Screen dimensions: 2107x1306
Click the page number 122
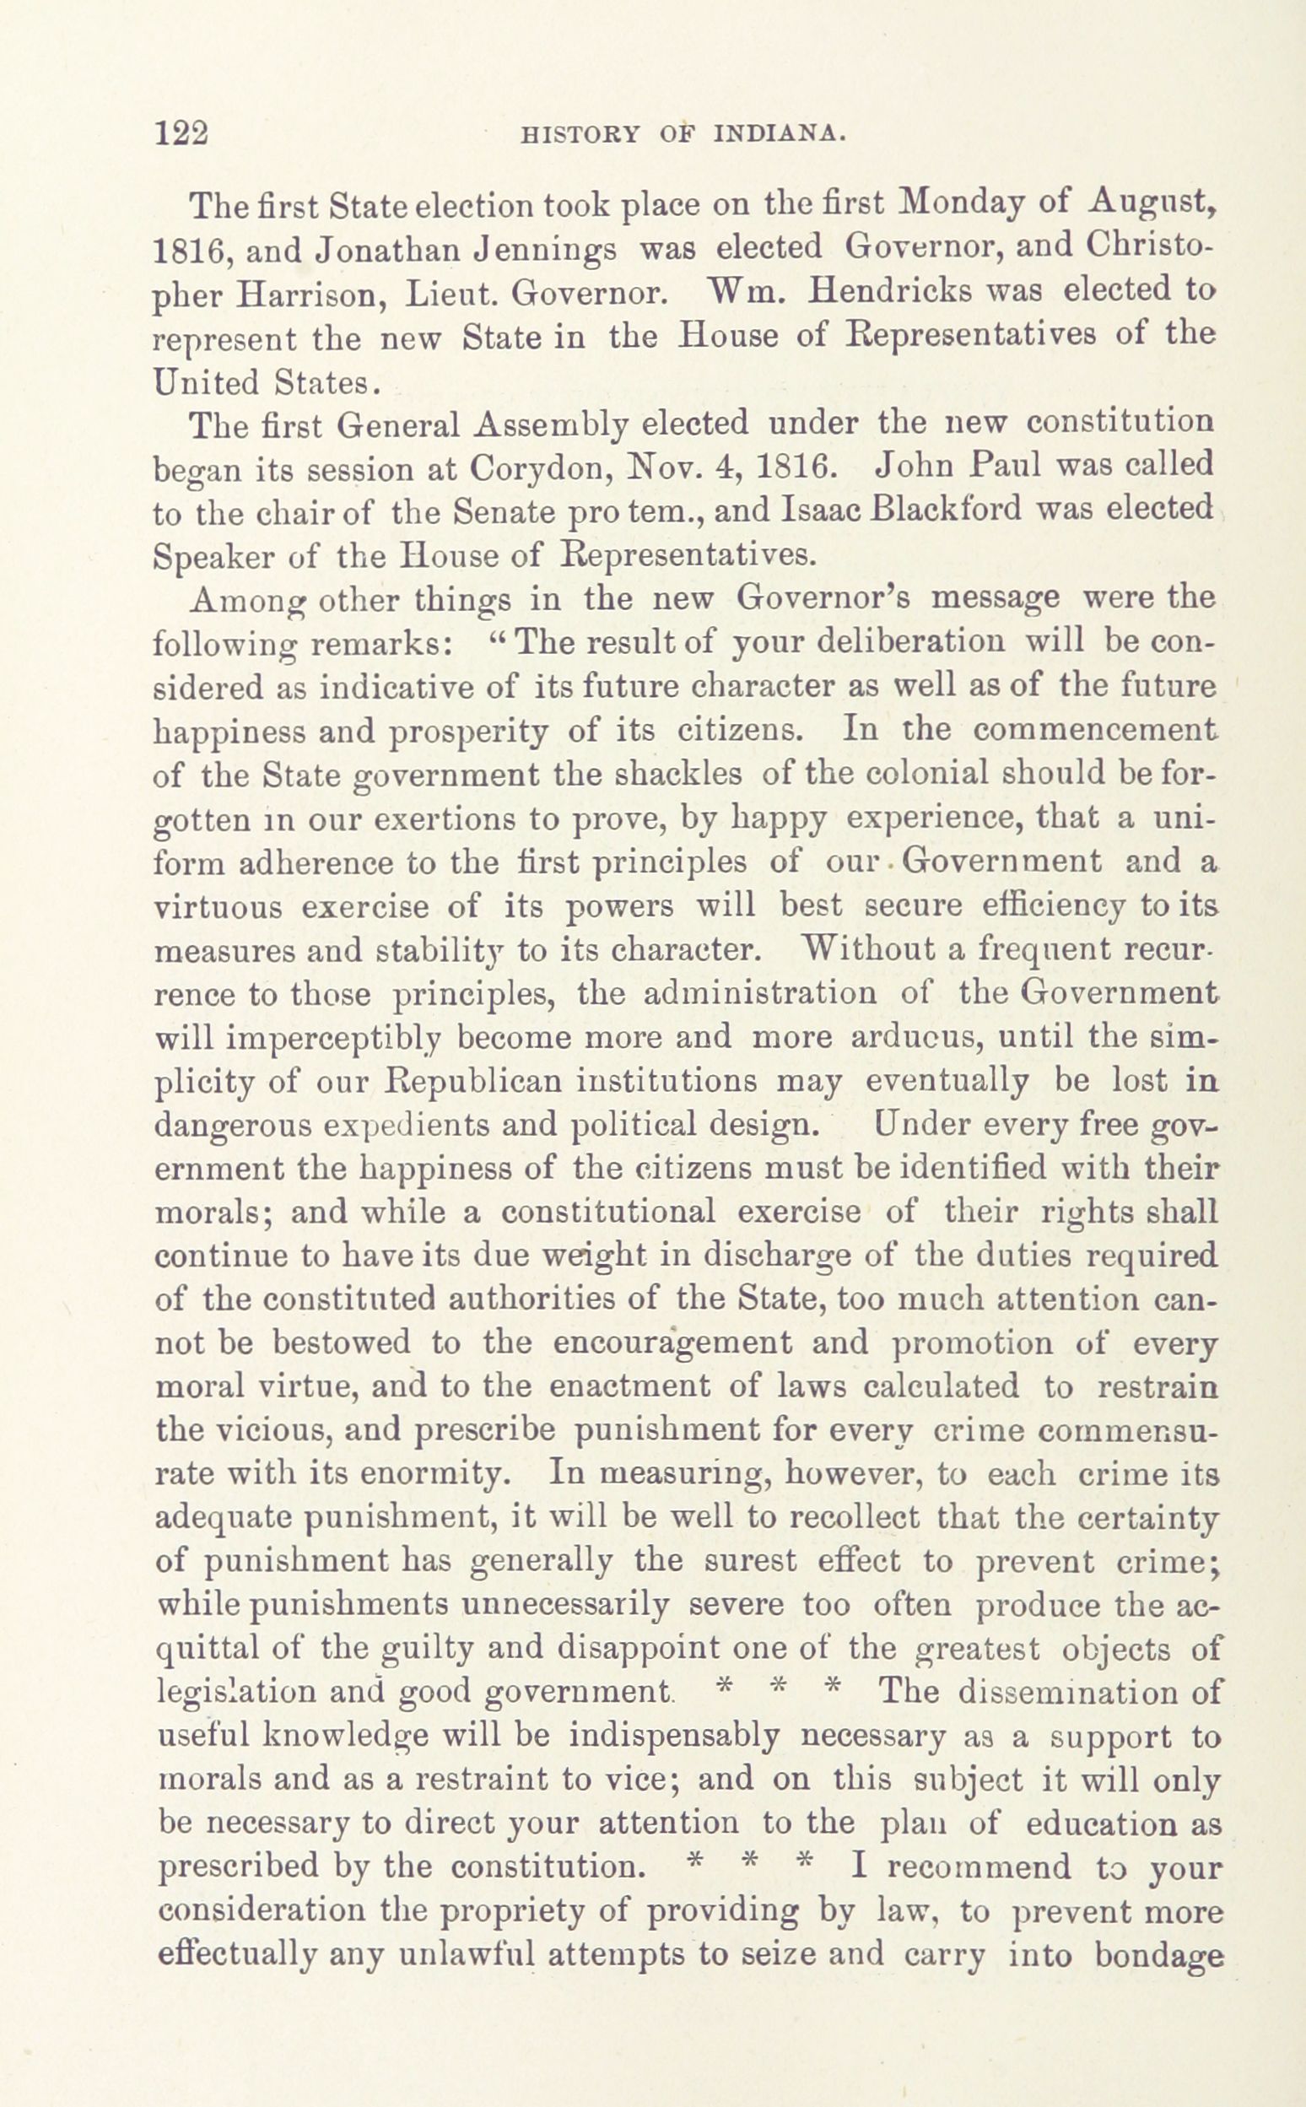(x=181, y=135)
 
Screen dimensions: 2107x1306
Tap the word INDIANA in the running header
(x=778, y=136)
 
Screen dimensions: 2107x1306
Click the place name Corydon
(x=530, y=469)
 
